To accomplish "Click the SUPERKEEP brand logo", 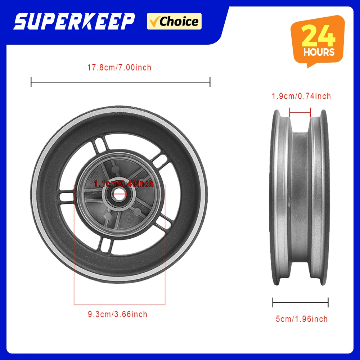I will pos(74,22).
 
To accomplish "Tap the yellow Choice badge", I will pos(174,21).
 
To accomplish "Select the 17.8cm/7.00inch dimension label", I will pos(120,67).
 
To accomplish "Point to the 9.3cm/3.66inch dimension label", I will pos(118,314).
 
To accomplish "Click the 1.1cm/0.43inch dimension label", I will pos(123,184).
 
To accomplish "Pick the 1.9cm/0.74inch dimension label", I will pos(301,96).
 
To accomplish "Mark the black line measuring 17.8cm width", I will pos(120,82).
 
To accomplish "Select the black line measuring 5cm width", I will pos(300,302).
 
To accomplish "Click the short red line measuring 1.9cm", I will pos(300,113).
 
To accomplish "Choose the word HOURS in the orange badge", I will pos(319,52).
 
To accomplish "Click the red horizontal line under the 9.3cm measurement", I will pos(120,305).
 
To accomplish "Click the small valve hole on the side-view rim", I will pos(290,199).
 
